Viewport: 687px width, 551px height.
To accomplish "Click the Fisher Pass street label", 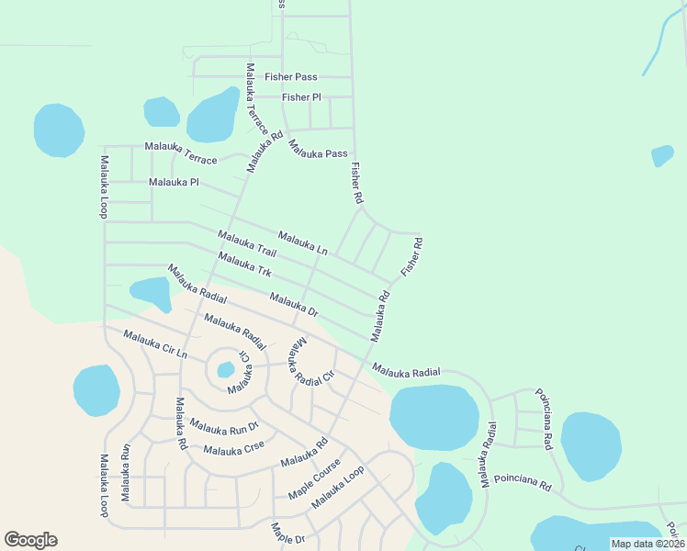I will pyautogui.click(x=291, y=77).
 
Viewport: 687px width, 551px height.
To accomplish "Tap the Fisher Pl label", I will pyautogui.click(x=301, y=96).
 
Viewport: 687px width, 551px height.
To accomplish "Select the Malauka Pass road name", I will pyautogui.click(x=318, y=149).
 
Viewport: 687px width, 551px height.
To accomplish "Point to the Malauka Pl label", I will pyautogui.click(x=174, y=182).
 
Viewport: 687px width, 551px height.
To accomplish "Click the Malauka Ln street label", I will pyautogui.click(x=302, y=242).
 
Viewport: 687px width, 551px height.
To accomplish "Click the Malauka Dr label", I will pyautogui.click(x=294, y=305).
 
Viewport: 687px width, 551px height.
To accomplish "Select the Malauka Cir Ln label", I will pyautogui.click(x=155, y=344).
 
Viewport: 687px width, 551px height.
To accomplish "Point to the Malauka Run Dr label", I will pyautogui.click(x=225, y=426).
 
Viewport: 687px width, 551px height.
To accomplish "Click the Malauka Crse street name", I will pyautogui.click(x=234, y=449).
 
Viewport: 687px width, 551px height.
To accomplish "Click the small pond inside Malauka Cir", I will pyautogui.click(x=225, y=370).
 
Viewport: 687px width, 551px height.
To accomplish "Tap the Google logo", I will pyautogui.click(x=30, y=540).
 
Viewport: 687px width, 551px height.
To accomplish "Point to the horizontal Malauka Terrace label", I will pyautogui.click(x=181, y=153).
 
